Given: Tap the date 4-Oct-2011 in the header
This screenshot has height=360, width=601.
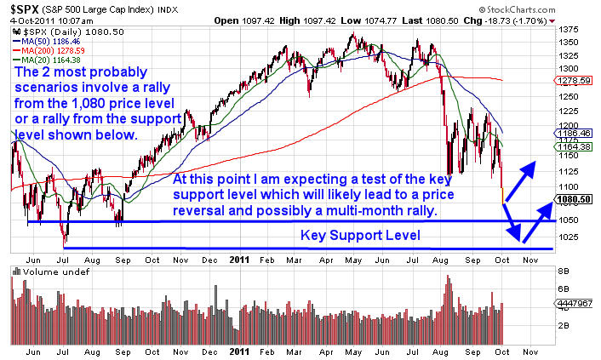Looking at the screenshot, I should click(30, 19).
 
